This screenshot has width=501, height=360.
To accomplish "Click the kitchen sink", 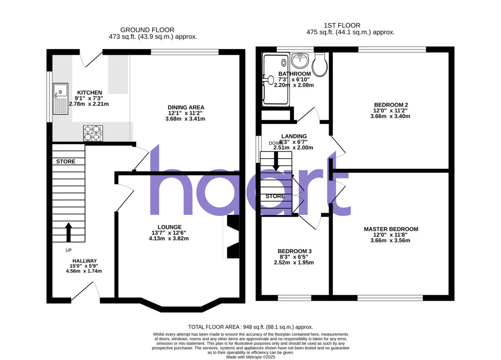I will pos(60,98).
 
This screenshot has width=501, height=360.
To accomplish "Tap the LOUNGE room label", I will pos(170,227).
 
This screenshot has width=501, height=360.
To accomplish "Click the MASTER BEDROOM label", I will pos(391,229).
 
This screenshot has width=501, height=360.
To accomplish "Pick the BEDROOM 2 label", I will pos(391,105).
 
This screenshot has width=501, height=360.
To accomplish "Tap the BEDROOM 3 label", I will pos(295,251).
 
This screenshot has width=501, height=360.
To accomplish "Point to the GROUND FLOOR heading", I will pos(147,30).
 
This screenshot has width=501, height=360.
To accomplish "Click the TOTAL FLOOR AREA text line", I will pos(250,327).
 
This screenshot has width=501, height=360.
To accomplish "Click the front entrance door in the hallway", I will pos(85,292).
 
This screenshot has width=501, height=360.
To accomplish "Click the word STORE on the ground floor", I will pos(66,161).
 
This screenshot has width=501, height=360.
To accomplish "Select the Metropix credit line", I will pos(250,357).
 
